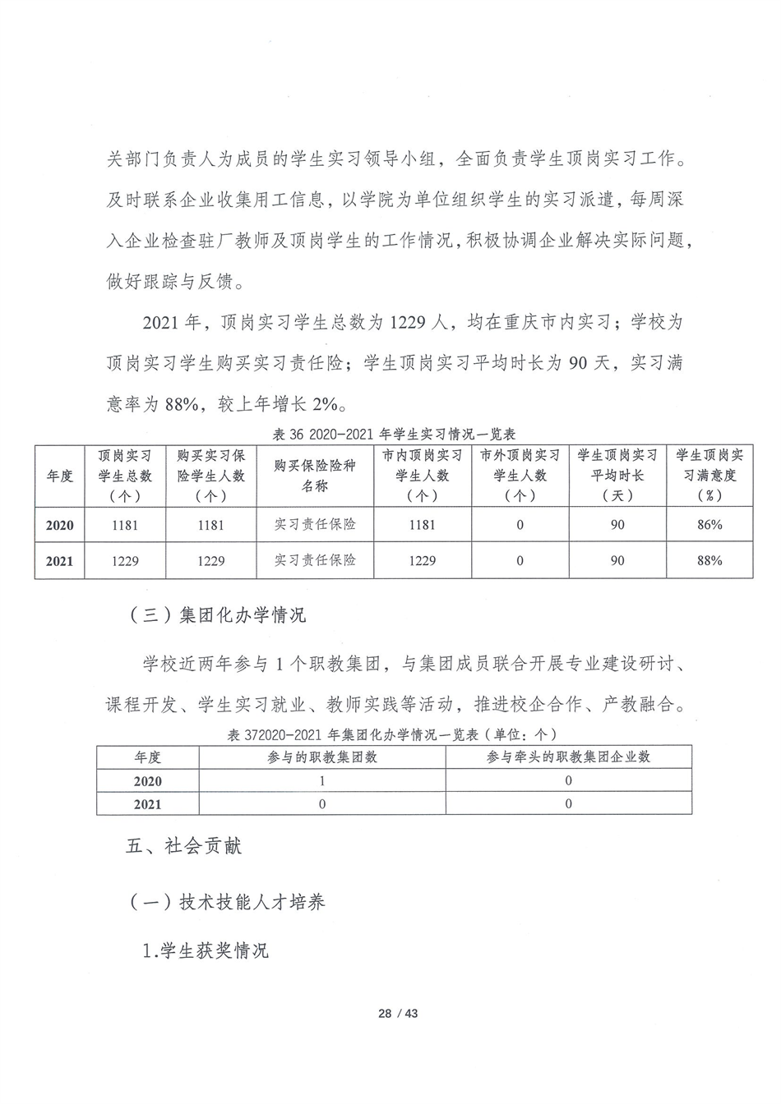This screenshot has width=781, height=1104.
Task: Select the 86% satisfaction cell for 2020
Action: (x=709, y=524)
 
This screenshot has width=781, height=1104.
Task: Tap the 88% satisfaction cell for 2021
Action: (x=709, y=560)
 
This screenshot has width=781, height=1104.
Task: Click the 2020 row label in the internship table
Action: (x=59, y=525)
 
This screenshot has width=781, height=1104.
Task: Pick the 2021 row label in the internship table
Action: (x=59, y=561)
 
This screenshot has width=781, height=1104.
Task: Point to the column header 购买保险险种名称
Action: (x=315, y=476)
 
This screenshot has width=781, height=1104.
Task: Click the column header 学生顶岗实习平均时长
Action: (x=617, y=476)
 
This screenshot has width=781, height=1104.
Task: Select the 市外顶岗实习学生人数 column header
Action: (x=520, y=476)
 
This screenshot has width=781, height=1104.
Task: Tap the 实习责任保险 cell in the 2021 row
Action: (x=315, y=560)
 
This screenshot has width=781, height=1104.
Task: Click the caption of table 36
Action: (x=387, y=434)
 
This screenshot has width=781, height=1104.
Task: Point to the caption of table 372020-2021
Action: (x=393, y=734)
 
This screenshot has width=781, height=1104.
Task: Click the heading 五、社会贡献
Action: (x=184, y=847)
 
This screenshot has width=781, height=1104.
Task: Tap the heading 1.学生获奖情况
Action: (x=206, y=951)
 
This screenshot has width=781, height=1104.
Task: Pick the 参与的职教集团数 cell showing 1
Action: (x=321, y=781)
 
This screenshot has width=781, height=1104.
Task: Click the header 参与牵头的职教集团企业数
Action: (x=568, y=757)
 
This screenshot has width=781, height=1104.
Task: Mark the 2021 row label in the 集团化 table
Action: (x=148, y=804)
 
